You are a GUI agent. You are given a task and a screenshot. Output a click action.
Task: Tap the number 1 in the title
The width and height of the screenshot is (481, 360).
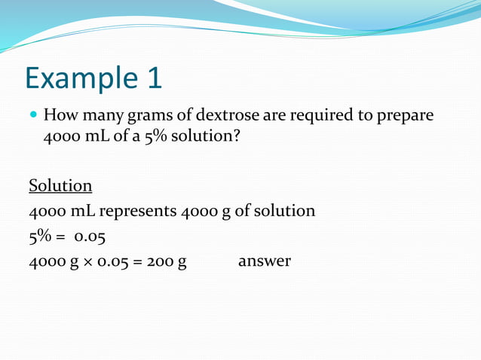point(149,78)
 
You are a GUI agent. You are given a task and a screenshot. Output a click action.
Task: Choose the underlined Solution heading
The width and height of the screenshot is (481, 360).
point(60,185)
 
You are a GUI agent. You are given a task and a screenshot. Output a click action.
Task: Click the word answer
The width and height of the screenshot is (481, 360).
point(264,262)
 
